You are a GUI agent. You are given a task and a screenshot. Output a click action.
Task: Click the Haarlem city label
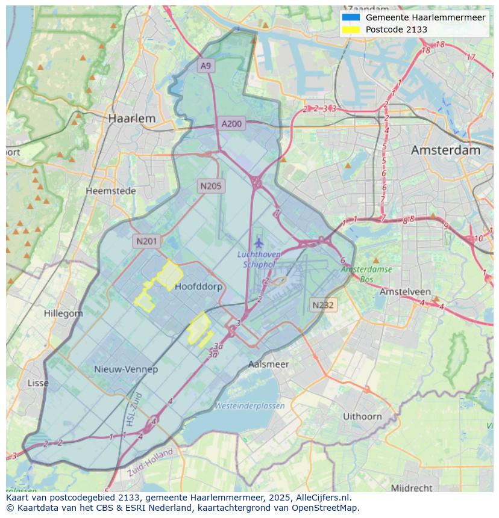tap(131, 119)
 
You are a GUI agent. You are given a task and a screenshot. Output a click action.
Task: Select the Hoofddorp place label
tap(198, 287)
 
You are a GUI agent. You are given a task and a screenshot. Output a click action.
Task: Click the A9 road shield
tap(206, 66)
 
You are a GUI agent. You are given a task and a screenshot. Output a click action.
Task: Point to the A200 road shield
tap(231, 124)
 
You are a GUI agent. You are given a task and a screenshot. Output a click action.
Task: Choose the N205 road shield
tap(210, 186)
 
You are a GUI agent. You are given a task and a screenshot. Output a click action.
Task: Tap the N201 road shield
tap(146, 241)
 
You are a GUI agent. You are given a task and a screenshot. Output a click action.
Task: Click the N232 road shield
tap(323, 305)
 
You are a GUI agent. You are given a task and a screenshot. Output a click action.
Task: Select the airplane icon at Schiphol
tap(259, 243)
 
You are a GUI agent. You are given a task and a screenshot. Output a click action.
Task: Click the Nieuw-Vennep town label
tap(126, 369)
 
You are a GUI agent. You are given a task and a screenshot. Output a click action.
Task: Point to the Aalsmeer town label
tap(269, 364)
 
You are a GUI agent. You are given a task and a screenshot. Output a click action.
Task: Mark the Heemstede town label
tap(111, 191)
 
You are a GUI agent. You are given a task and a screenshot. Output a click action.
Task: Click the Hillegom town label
tap(63, 313)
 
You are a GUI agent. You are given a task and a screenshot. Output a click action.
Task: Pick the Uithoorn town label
tap(362, 416)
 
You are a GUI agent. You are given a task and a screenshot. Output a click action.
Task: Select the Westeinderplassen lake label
tap(249, 406)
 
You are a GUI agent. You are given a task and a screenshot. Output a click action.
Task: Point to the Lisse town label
tap(38, 383)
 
